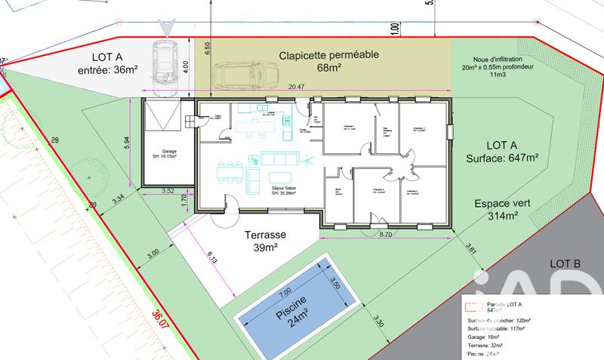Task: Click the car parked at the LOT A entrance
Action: pos(164,61)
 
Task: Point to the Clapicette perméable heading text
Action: pos(328,55)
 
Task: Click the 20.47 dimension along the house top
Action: pos(297,88)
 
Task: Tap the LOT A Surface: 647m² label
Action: pos(502,151)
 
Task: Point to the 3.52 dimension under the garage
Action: pos(168,190)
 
